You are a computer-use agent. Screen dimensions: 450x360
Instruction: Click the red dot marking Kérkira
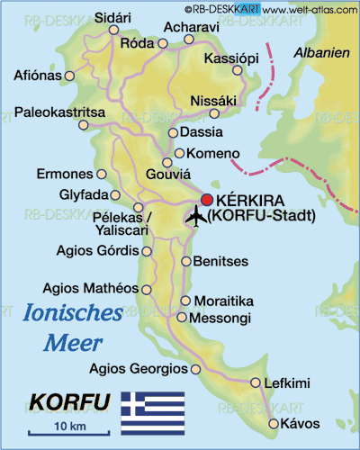[x=208, y=200]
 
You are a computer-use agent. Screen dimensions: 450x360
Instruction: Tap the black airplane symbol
[x=196, y=216]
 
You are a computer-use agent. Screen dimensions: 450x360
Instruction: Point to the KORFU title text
[x=70, y=400]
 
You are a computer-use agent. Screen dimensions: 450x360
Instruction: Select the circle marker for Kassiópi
[x=237, y=70]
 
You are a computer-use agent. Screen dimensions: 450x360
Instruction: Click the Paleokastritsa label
[x=60, y=112]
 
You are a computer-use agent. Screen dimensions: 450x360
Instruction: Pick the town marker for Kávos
[x=274, y=424]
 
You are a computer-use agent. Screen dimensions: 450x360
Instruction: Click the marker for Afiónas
[x=71, y=76]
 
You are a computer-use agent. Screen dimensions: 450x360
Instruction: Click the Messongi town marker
[x=183, y=318]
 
